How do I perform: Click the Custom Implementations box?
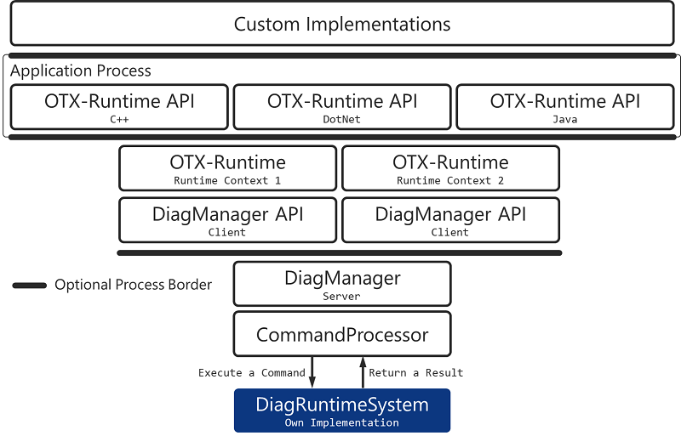pyautogui.click(x=341, y=24)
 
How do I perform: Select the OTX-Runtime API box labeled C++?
pyautogui.click(x=119, y=106)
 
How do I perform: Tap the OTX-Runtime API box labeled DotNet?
pyautogui.click(x=342, y=106)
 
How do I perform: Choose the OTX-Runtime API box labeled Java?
pyautogui.click(x=565, y=106)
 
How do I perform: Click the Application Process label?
pyautogui.click(x=81, y=71)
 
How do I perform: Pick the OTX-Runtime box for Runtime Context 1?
pyautogui.click(x=227, y=168)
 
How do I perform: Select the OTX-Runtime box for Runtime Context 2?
pyautogui.click(x=450, y=168)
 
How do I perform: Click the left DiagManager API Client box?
pyautogui.click(x=227, y=220)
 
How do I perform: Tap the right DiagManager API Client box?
pyautogui.click(x=450, y=220)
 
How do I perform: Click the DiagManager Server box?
pyautogui.click(x=341, y=284)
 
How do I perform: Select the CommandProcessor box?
pyautogui.click(x=341, y=335)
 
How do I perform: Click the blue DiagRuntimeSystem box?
pyautogui.click(x=341, y=411)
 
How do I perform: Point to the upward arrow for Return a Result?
pyautogui.click(x=362, y=372)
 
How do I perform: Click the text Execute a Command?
pyautogui.click(x=251, y=372)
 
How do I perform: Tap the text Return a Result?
pyautogui.click(x=415, y=372)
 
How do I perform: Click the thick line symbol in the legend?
pyautogui.click(x=30, y=286)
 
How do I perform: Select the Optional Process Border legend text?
pyautogui.click(x=133, y=285)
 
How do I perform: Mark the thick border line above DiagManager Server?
pyautogui.click(x=339, y=252)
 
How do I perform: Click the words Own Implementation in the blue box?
pyautogui.click(x=341, y=422)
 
